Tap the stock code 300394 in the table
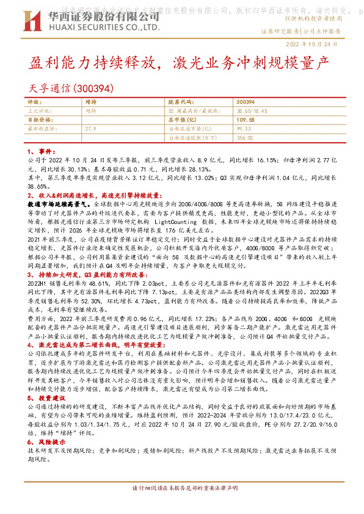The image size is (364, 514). coord(245,102)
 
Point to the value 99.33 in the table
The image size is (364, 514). coord(244,129)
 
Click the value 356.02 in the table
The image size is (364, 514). coord(246,138)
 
